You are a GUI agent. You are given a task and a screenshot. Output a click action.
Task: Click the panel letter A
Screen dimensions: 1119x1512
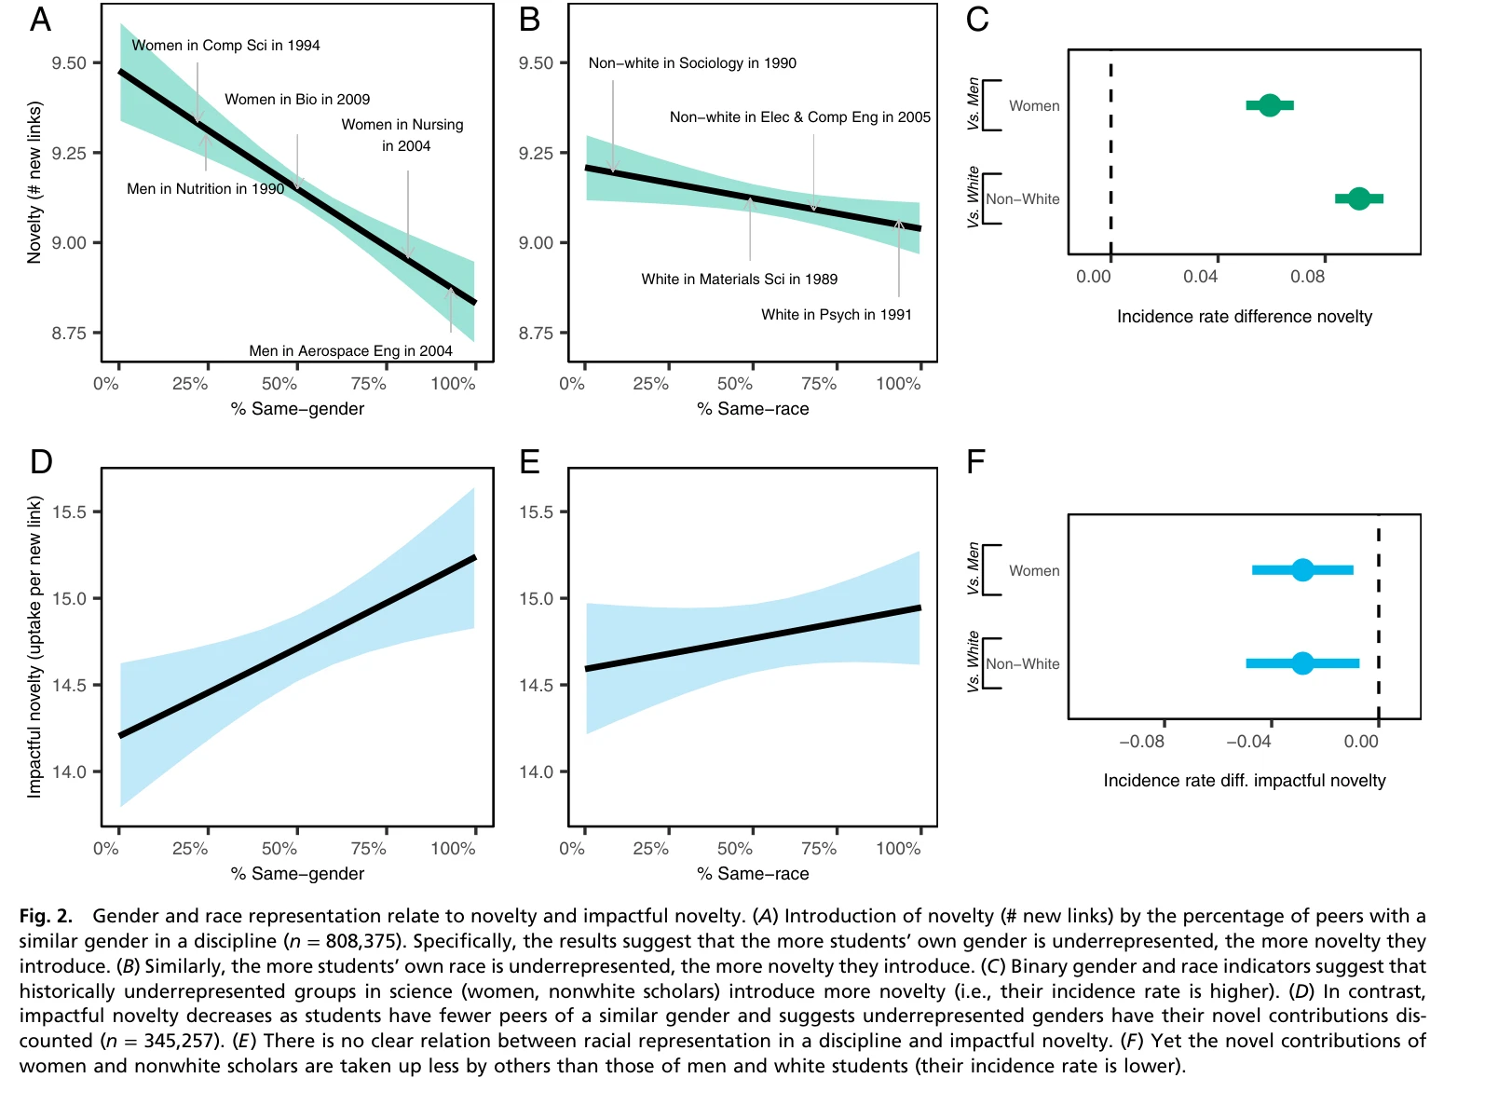coord(40,20)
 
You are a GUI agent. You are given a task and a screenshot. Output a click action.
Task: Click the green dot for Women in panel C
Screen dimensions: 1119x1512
coord(1269,105)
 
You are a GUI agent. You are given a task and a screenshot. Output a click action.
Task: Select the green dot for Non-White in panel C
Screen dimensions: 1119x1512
coord(1358,198)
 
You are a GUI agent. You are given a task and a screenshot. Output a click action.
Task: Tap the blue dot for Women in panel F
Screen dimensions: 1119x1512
coord(1302,569)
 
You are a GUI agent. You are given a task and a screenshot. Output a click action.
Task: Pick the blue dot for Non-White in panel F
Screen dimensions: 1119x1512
coord(1302,663)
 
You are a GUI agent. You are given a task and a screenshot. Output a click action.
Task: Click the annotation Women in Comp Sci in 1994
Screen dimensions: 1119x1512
coord(225,46)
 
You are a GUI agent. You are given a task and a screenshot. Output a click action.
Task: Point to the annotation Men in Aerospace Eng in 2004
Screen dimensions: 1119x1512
coord(350,351)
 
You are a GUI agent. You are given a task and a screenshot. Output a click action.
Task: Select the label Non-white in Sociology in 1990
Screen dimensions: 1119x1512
coord(692,63)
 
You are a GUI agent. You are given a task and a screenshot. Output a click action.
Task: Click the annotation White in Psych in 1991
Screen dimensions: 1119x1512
coord(836,315)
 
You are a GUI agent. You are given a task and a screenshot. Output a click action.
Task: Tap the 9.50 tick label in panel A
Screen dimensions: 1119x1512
coord(69,63)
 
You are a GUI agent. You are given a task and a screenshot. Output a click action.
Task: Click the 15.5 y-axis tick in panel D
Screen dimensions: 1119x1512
coord(69,512)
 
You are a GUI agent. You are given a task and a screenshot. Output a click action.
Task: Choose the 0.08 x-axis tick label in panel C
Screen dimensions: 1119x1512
coord(1307,277)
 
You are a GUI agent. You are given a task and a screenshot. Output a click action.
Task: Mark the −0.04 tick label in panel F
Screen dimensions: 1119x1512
coord(1247,742)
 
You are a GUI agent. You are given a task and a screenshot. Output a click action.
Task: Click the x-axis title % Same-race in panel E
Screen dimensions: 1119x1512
coord(753,874)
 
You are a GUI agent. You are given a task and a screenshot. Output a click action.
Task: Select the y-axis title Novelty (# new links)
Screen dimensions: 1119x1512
coord(35,183)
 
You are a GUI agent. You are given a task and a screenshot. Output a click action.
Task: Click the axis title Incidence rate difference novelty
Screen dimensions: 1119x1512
coord(1244,317)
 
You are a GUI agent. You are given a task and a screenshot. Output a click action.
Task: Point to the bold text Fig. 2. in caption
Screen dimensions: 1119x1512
coord(45,917)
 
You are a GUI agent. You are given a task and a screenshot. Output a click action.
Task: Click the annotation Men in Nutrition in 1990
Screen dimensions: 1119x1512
coord(205,189)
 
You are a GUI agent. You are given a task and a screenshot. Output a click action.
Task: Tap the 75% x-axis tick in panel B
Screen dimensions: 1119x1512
coord(818,384)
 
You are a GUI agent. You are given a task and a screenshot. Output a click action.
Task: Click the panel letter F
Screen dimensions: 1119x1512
coord(975,462)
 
